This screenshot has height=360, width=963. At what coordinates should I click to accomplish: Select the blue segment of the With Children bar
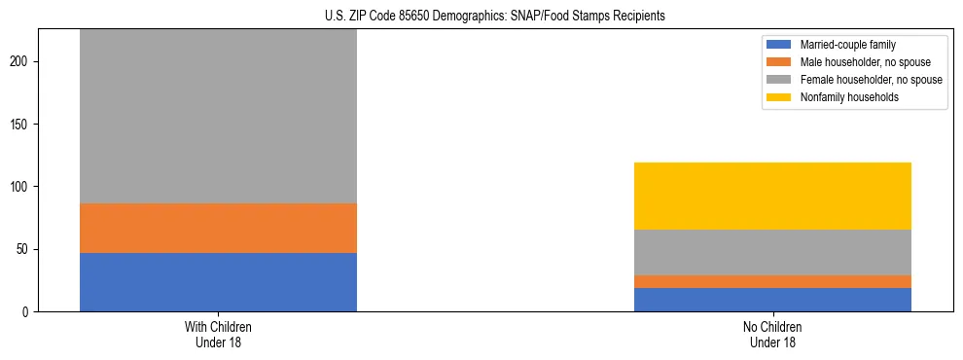point(218,282)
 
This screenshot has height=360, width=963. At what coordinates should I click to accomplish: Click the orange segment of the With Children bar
point(218,228)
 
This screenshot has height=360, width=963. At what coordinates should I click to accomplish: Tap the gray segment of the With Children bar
point(218,116)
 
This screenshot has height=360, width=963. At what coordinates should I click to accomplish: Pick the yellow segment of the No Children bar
point(772,196)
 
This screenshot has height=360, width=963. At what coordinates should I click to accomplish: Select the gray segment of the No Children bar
point(772,252)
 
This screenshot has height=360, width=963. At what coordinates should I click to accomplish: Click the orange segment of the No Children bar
point(772,281)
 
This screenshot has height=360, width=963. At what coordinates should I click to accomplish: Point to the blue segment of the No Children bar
point(772,300)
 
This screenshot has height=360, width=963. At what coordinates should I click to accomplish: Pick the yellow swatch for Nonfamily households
point(779,97)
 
